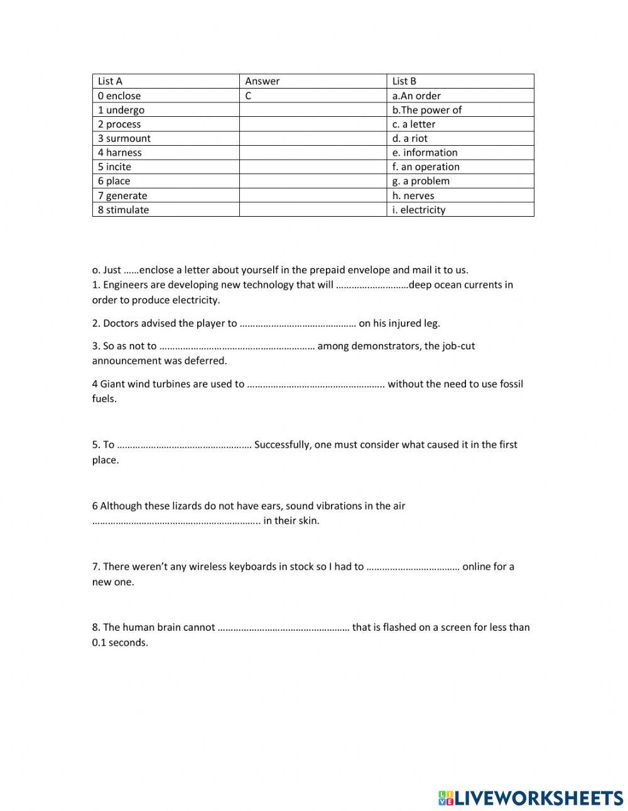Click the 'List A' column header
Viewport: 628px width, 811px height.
pos(111,81)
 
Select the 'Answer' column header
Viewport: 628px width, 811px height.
pos(263,81)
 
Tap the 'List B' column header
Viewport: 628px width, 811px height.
pos(404,81)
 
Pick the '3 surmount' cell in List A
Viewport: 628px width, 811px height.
pos(124,138)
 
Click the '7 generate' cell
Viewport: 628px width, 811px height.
pos(122,195)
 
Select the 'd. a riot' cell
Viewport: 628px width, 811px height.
pos(410,138)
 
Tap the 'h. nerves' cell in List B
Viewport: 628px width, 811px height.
pos(413,195)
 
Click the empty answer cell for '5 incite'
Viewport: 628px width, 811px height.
pos(312,166)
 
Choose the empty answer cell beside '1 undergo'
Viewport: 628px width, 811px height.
pos(312,110)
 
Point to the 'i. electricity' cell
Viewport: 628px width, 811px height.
pos(419,210)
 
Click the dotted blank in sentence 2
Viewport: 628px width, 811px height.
pos(298,324)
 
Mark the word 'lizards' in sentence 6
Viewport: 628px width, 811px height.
pos(178,506)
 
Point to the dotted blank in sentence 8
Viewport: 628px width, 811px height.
pos(283,628)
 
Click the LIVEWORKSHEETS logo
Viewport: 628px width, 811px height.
pos(531,798)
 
